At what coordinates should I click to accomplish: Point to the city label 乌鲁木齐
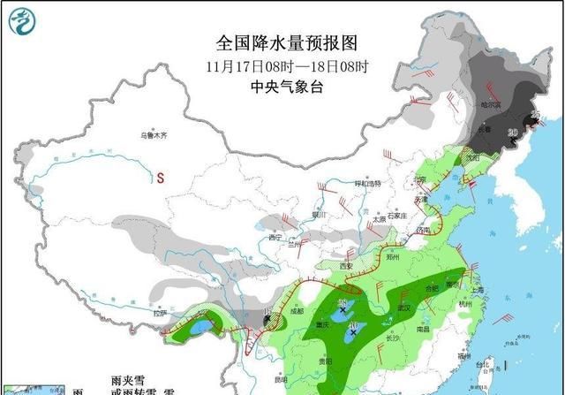(x=153, y=136)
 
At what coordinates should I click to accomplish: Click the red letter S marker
(x=162, y=178)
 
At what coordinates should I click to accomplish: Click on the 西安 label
(x=346, y=266)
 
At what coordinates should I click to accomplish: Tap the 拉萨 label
(x=159, y=313)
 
